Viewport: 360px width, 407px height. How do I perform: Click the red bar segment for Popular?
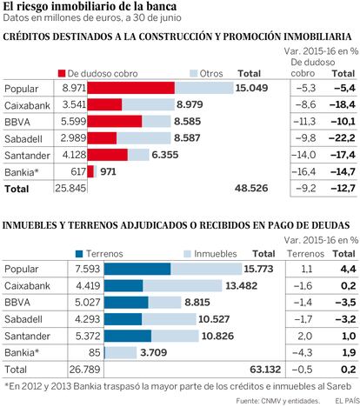pos(131,88)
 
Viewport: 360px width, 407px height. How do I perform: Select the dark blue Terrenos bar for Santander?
pos(128,336)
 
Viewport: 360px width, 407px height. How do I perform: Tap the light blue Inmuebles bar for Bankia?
pos(121,353)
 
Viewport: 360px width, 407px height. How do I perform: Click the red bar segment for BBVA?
pos(115,122)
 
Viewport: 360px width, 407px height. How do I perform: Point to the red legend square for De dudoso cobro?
pos(62,73)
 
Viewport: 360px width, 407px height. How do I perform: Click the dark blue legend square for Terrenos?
pos(79,254)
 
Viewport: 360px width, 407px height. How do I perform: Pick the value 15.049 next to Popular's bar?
pos(251,88)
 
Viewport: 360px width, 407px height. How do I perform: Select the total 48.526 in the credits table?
pos(251,188)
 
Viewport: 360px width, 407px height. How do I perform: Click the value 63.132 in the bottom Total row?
pos(265,370)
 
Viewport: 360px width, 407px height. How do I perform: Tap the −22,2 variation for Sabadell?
pos(342,137)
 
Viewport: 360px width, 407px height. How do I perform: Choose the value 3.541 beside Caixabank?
pos(74,104)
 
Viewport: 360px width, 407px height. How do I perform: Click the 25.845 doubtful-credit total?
pos(70,188)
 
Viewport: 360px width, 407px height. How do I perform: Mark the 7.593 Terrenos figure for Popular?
pos(88,269)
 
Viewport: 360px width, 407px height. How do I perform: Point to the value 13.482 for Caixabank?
pos(241,286)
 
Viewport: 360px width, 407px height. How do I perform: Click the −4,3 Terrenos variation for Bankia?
pos(303,353)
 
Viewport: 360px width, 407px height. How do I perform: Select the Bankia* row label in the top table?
pos(22,172)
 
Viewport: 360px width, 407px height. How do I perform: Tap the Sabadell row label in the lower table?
pos(23,319)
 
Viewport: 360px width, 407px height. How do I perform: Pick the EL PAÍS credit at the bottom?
pos(347,401)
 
